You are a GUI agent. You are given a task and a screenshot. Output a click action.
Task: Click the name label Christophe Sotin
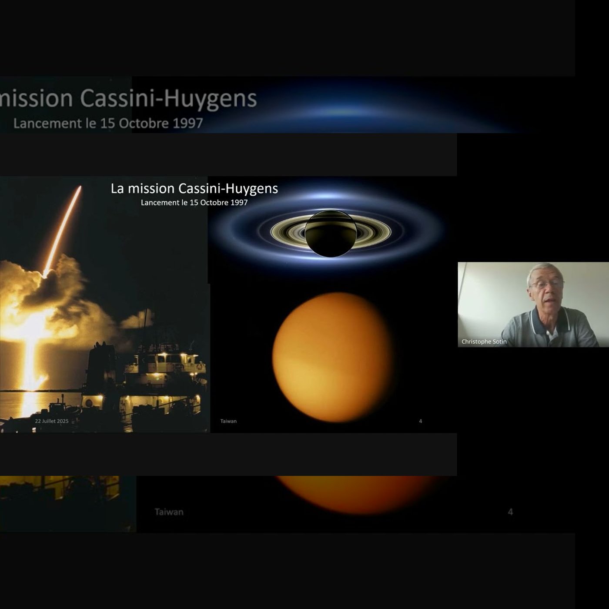tap(484, 341)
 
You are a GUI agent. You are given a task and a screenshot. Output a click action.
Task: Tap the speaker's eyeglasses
tap(547, 285)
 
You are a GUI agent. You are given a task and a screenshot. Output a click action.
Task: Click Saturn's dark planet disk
tap(331, 233)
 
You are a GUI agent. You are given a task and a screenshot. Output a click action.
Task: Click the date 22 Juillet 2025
tap(51, 421)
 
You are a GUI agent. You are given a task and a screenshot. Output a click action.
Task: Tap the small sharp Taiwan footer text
tap(228, 421)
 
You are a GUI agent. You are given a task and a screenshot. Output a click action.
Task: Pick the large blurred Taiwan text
tap(169, 512)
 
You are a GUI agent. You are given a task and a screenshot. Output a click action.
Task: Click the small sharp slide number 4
tap(420, 421)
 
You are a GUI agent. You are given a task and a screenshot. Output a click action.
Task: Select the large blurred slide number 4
tap(510, 512)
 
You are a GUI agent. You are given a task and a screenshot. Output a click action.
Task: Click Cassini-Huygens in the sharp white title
tap(228, 189)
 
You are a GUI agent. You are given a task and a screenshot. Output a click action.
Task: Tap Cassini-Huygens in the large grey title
tap(168, 99)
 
